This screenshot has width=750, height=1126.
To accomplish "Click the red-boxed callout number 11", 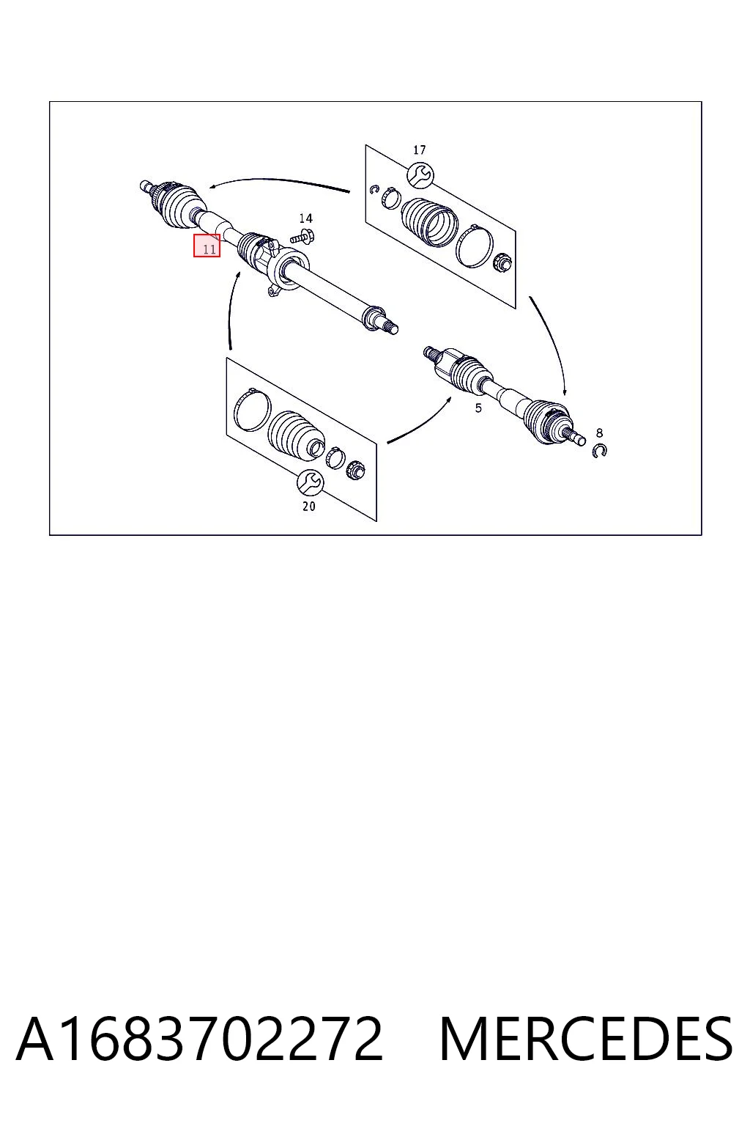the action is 207,246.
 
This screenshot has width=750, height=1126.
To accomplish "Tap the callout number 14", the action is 305,218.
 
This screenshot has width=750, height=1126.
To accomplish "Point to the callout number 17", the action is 420,150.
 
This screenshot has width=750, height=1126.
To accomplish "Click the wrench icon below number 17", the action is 420,175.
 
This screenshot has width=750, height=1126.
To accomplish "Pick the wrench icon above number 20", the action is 310,482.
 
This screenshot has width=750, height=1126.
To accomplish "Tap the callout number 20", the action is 309,507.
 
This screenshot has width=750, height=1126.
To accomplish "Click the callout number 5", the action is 478,408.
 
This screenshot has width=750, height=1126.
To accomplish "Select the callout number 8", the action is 599,433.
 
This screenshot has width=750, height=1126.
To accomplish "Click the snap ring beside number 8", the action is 600,451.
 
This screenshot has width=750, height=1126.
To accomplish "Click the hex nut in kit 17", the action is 501,262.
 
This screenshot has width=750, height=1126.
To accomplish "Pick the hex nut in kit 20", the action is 356,469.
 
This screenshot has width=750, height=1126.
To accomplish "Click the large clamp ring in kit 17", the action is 475,246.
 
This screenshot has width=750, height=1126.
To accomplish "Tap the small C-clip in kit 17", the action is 374,190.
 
